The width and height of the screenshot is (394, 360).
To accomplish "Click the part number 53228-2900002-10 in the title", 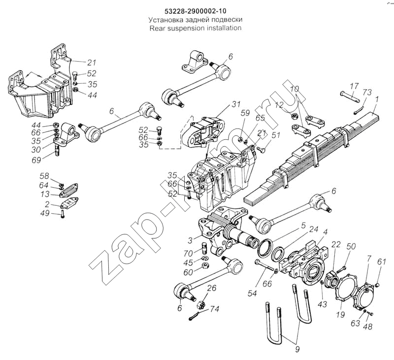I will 196,10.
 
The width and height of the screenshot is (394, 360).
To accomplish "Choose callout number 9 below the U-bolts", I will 297,350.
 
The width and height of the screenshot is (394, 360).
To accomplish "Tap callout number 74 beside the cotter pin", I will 214,310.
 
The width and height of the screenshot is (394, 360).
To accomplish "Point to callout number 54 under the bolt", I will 252,294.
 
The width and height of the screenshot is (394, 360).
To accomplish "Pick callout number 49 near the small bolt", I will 45,213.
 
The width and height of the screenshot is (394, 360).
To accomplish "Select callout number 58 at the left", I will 44,176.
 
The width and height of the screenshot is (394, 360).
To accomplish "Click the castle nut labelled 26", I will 202,299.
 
